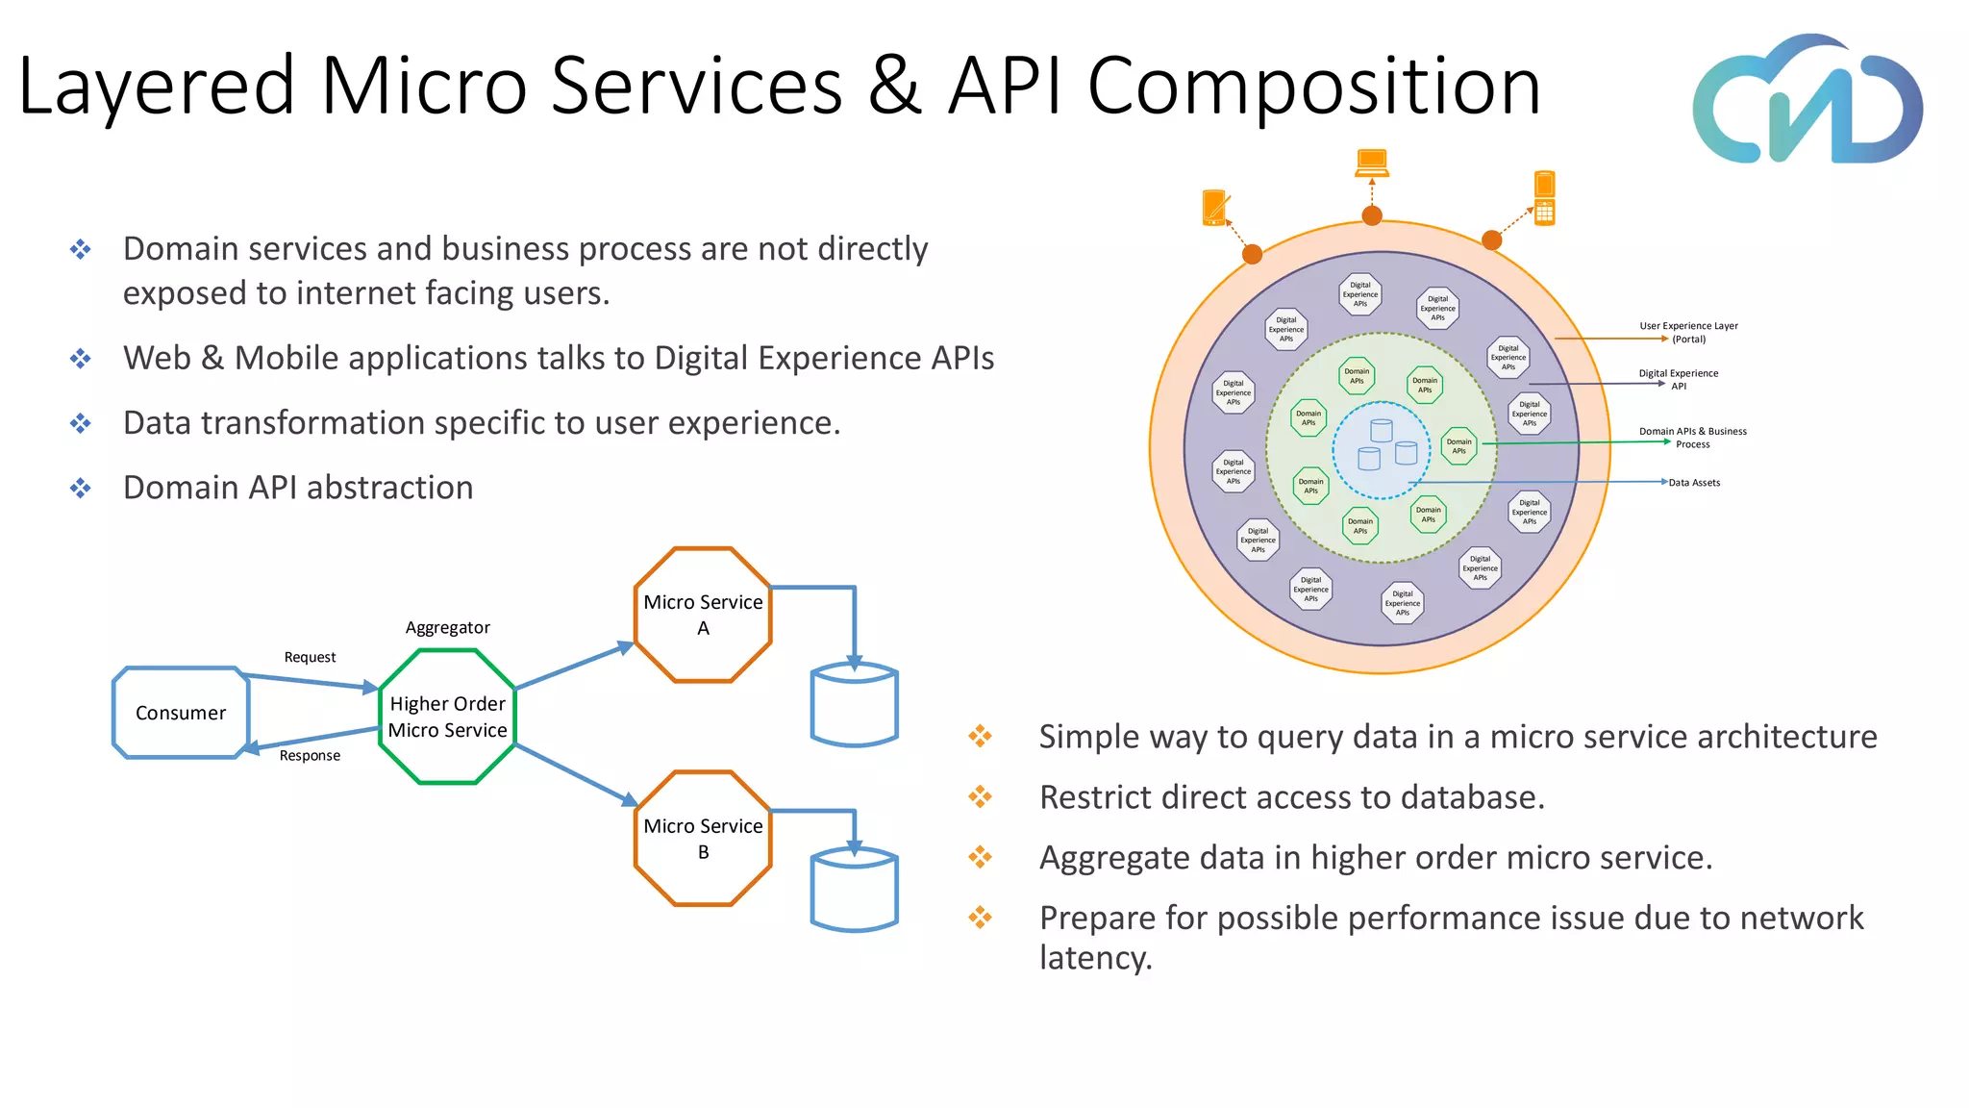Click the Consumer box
point(181,713)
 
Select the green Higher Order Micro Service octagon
point(448,717)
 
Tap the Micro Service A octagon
point(703,615)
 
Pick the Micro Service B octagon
point(703,839)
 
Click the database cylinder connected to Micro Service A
point(854,706)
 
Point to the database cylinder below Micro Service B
point(854,891)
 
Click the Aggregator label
point(447,628)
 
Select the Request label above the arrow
point(310,658)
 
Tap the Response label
point(310,756)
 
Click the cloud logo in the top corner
point(1807,102)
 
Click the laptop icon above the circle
point(1372,163)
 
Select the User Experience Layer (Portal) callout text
point(1688,333)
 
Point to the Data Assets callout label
point(1694,483)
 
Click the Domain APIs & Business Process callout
point(1692,438)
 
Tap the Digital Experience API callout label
point(1679,379)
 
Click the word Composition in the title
point(1313,87)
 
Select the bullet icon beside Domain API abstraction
point(81,488)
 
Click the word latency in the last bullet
point(1095,958)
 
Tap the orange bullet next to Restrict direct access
point(980,796)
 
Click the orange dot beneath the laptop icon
point(1372,215)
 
